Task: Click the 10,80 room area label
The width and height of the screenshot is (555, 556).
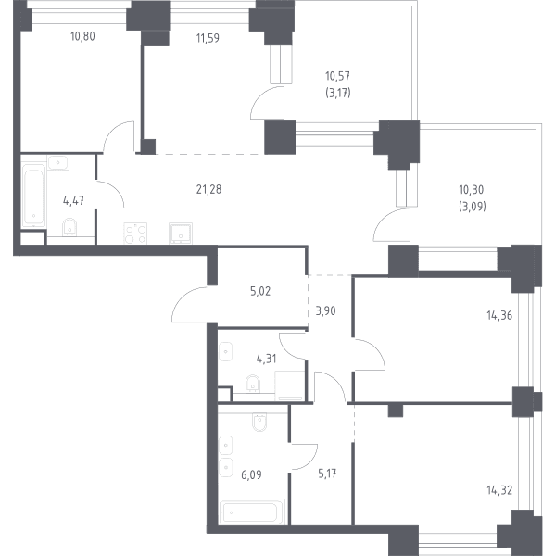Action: click(x=82, y=36)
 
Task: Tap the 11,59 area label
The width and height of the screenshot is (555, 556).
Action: click(x=208, y=38)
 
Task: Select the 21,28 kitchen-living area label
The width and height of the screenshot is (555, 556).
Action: click(x=208, y=189)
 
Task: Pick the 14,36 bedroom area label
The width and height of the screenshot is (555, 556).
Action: click(x=499, y=315)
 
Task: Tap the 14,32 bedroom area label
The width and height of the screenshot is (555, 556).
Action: click(x=499, y=490)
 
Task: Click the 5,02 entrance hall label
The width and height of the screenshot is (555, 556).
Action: click(x=260, y=291)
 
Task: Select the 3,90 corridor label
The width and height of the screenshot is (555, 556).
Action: click(x=325, y=311)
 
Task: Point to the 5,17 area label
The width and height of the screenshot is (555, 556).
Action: click(x=327, y=474)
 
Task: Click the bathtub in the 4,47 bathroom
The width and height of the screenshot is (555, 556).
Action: click(x=34, y=196)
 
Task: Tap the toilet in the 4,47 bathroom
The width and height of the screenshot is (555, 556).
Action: click(x=69, y=227)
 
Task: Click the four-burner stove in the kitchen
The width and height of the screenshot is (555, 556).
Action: click(x=135, y=234)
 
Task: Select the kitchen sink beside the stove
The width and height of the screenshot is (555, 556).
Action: click(x=181, y=234)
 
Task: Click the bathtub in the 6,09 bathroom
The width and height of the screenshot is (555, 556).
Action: click(x=252, y=512)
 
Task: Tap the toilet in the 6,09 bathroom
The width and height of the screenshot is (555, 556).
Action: click(x=259, y=422)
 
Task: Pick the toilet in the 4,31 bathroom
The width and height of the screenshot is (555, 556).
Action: click(x=253, y=384)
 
